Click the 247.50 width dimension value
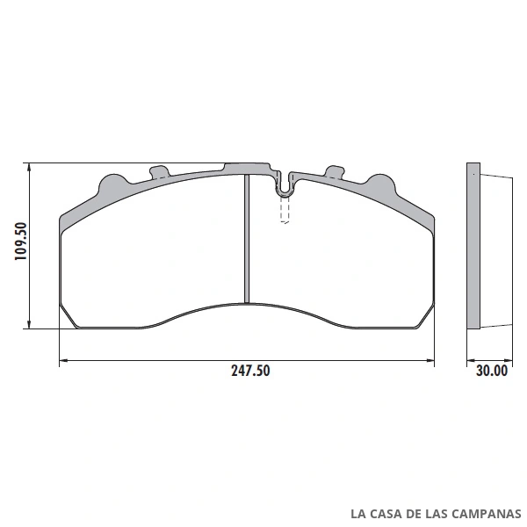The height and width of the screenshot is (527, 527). [250, 371]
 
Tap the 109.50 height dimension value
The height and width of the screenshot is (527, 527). [21, 241]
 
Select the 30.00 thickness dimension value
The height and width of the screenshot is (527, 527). [492, 371]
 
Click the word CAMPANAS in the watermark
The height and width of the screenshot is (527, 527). [486, 514]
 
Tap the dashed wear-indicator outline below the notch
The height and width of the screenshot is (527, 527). [285, 210]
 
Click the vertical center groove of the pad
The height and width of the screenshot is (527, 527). [247, 239]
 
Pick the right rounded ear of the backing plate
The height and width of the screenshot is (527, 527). [381, 184]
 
